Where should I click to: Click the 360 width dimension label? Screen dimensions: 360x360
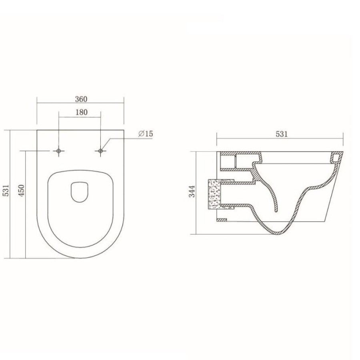[x=81, y=99]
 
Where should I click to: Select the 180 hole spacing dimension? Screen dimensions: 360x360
[x=82, y=112]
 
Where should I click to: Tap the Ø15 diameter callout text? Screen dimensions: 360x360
[x=146, y=134]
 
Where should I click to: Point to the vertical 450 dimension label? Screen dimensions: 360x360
[x=21, y=190]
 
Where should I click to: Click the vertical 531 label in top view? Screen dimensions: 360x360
[x=6, y=190]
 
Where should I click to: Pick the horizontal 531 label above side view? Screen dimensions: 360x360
[x=282, y=134]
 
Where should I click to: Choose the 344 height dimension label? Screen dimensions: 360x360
[x=192, y=191]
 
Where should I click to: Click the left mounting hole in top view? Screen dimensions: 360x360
[x=58, y=151]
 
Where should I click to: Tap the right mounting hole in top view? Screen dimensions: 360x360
[x=100, y=151]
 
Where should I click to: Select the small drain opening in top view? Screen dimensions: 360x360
[x=80, y=192]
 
